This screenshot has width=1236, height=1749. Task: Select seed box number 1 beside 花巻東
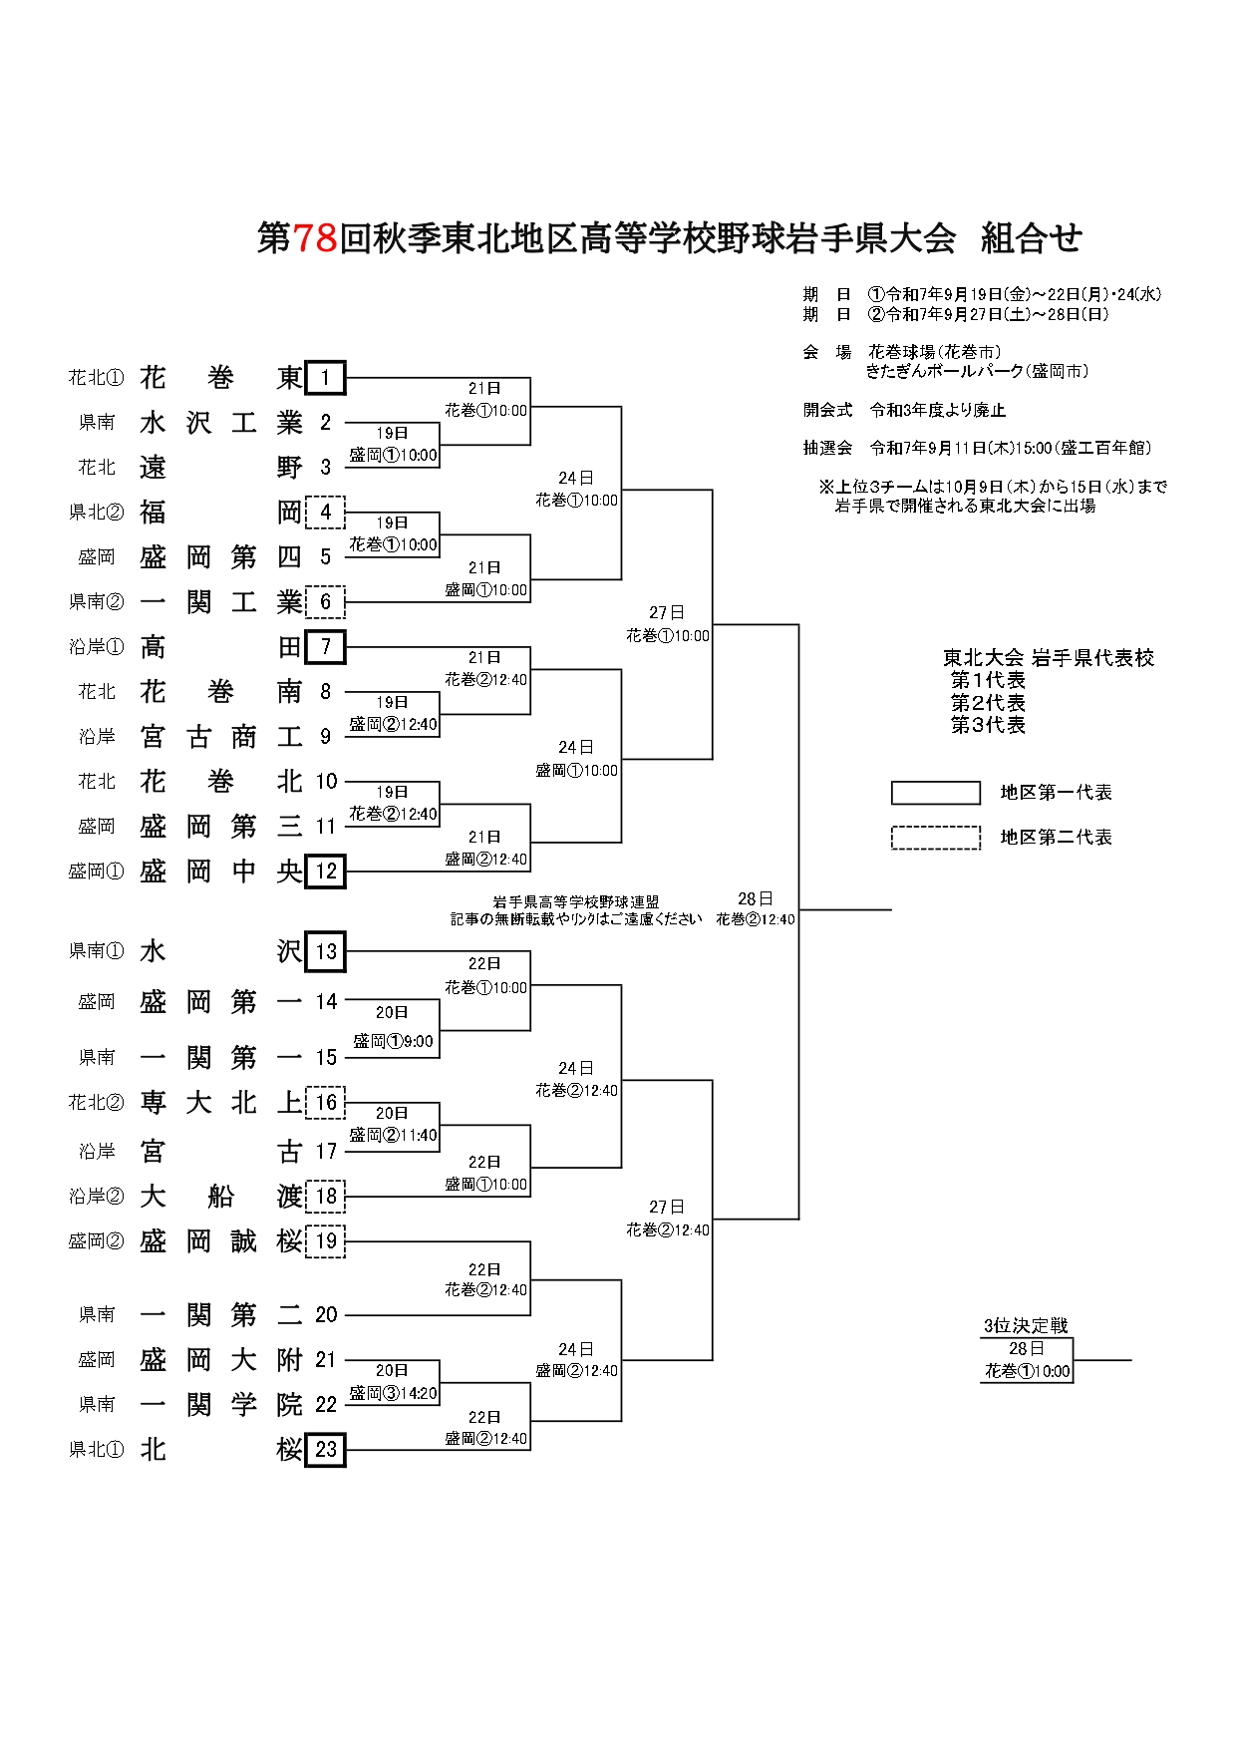tap(325, 378)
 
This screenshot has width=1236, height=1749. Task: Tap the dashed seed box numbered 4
tap(325, 513)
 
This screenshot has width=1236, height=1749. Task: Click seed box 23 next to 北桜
tap(326, 1450)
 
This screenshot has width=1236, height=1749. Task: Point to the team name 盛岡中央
tap(220, 872)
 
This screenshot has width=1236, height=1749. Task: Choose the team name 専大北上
tap(220, 1103)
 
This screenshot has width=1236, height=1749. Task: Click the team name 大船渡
tap(220, 1196)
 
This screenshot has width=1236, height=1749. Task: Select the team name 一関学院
tap(220, 1405)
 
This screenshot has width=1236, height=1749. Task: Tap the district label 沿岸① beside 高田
tap(97, 647)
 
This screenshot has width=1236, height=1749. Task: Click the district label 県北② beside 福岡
tap(97, 513)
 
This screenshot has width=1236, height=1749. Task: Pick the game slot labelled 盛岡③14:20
tap(393, 1393)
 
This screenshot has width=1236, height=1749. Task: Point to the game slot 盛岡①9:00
tap(393, 1041)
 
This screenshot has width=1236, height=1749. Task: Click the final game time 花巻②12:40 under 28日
tap(756, 919)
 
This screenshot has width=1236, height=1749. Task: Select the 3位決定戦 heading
tap(1026, 1325)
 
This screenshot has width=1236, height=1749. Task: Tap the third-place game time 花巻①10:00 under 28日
tap(1027, 1371)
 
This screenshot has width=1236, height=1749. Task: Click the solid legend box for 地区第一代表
tap(935, 793)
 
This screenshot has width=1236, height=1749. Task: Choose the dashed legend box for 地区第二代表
tap(935, 838)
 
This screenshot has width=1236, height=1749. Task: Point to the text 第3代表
tap(988, 725)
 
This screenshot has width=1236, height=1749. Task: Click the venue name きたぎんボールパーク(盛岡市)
tap(977, 371)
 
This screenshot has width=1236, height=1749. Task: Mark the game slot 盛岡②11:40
tap(393, 1135)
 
